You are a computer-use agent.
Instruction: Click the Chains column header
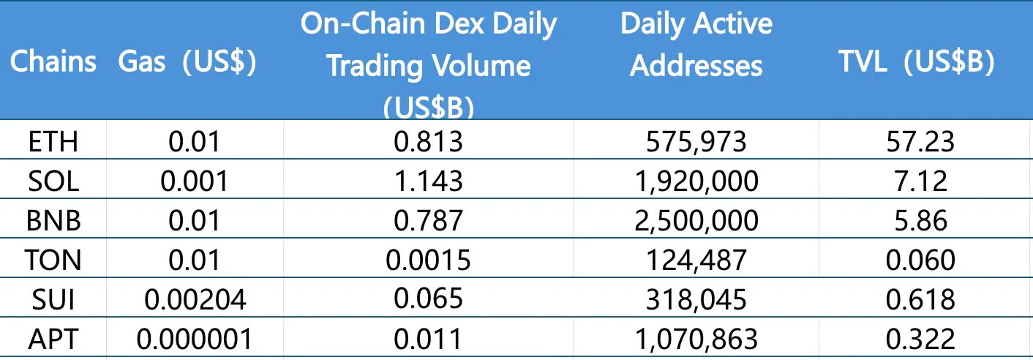click(53, 61)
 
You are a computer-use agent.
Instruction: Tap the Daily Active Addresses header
click(696, 45)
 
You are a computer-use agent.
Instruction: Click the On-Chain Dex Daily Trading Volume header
click(429, 64)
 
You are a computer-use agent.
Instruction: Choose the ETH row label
click(53, 140)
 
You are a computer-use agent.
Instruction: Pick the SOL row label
click(53, 181)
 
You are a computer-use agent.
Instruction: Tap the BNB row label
click(53, 220)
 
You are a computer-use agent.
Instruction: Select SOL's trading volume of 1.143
click(429, 181)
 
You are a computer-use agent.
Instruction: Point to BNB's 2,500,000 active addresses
click(696, 220)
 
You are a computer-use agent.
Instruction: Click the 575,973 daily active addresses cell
click(696, 140)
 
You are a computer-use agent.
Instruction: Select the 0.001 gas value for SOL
click(194, 181)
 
